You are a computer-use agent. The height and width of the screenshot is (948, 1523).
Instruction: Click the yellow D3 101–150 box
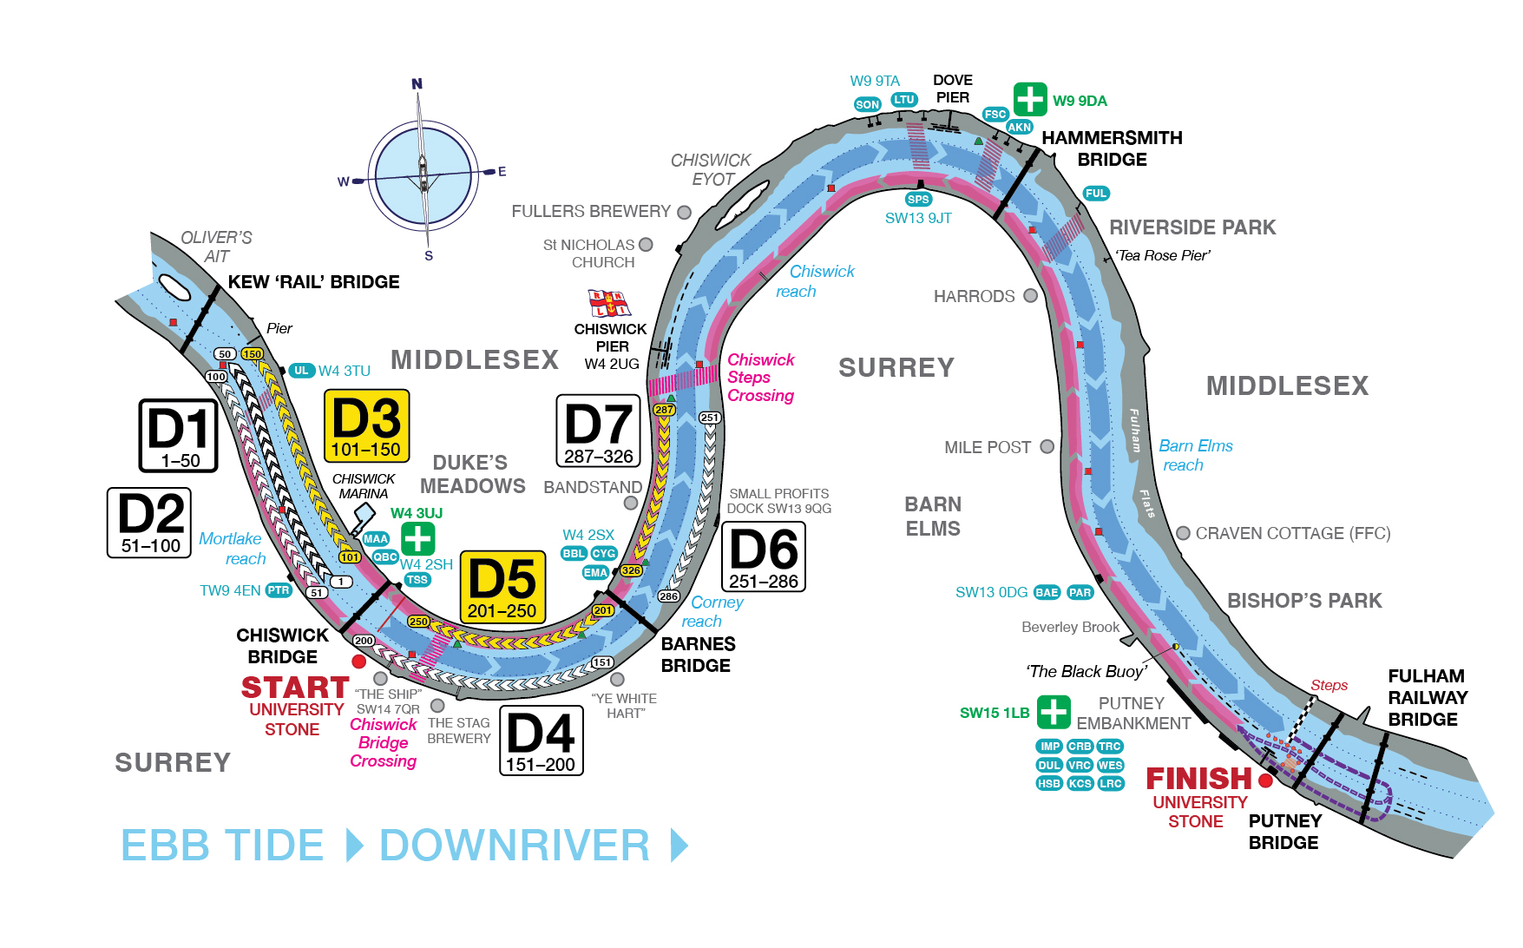tap(366, 425)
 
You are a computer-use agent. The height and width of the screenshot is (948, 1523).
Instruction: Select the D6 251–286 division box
tap(764, 556)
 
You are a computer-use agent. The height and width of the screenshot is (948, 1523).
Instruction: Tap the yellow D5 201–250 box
tap(502, 587)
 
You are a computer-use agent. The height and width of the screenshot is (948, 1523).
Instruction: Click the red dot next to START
tap(358, 662)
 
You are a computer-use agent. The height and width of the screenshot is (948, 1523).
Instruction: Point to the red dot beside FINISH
tap(1265, 780)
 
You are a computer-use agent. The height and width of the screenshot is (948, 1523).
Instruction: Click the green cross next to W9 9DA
tap(1030, 99)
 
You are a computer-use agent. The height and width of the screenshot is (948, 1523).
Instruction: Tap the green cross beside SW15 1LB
tap(1054, 712)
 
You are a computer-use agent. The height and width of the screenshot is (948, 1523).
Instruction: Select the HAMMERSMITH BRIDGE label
tap(1112, 148)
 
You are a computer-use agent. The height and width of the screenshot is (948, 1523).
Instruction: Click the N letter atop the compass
tap(417, 84)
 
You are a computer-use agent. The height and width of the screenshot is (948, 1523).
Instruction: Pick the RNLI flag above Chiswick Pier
tap(609, 303)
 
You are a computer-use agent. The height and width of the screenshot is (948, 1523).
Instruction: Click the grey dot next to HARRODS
tap(1030, 295)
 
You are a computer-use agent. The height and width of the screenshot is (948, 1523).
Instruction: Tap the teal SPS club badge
tap(918, 200)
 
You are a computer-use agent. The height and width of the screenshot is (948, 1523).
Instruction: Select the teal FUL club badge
tap(1096, 194)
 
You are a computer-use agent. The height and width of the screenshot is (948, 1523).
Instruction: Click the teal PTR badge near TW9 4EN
tap(278, 590)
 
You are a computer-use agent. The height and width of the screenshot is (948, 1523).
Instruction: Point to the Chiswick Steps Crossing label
tap(760, 378)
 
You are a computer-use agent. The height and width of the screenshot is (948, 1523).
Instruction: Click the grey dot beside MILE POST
tap(1047, 446)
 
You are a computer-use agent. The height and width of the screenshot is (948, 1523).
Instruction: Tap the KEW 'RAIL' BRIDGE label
tap(313, 282)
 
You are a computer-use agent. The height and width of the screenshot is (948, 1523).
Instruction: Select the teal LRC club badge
tap(1111, 783)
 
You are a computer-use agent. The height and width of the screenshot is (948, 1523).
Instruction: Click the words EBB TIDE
tap(222, 846)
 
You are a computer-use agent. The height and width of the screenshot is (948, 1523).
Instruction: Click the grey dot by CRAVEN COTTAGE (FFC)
tap(1183, 533)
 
